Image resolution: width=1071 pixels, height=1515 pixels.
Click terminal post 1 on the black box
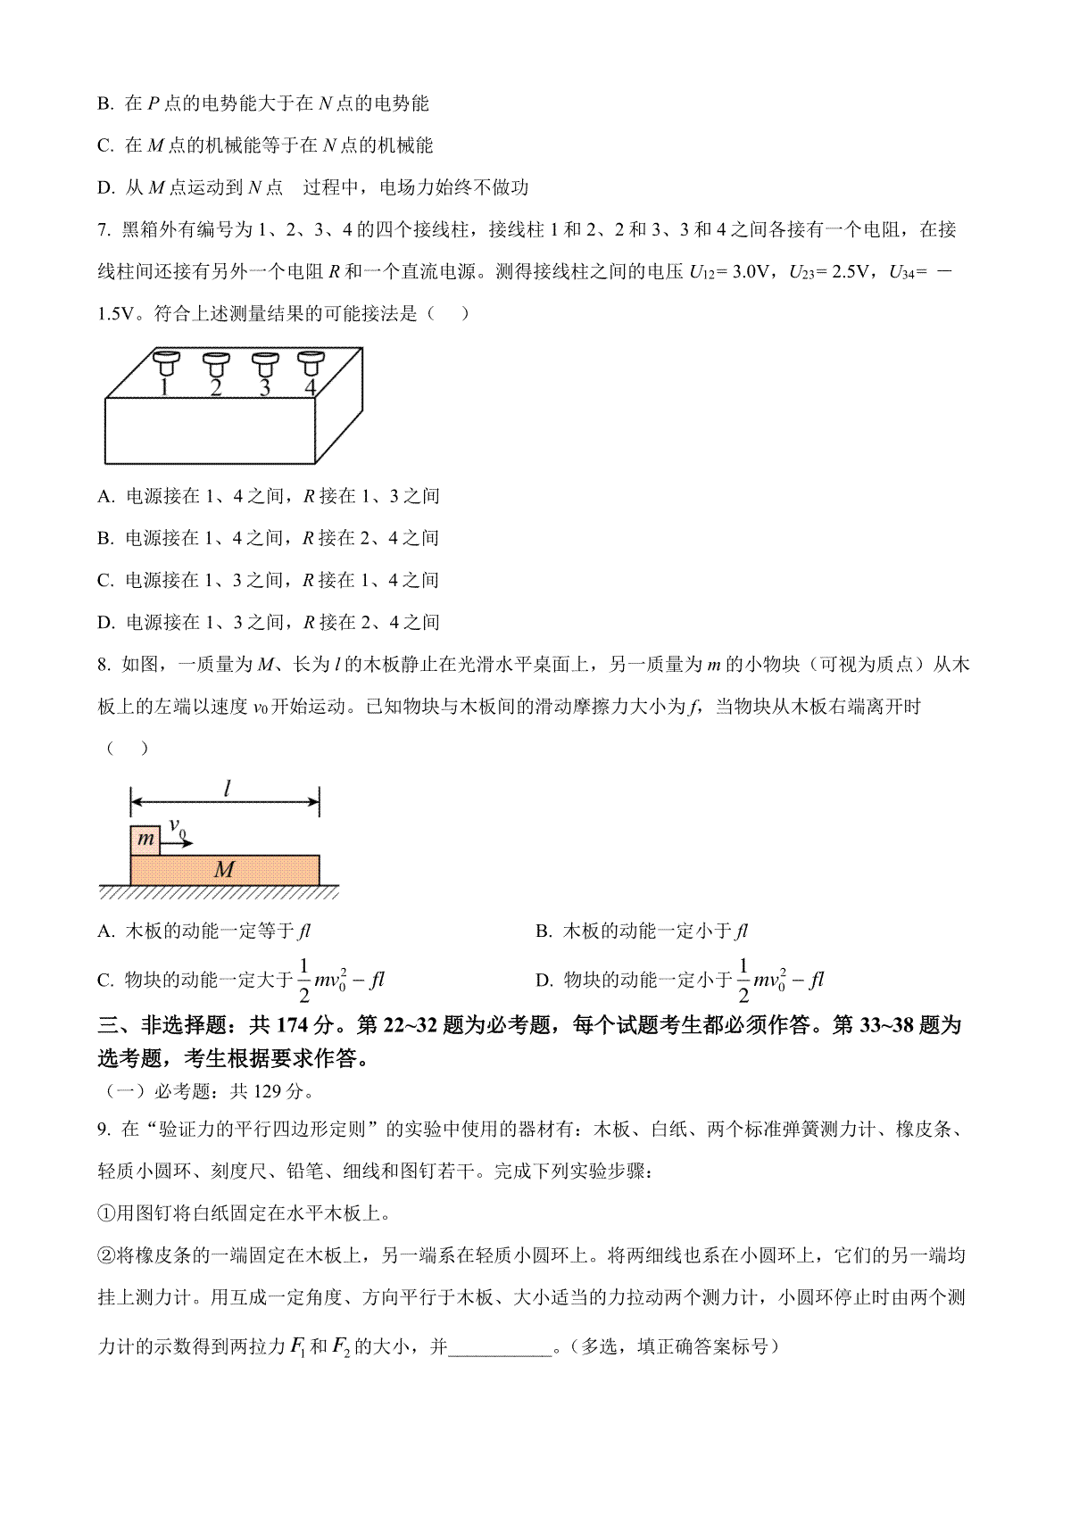[x=166, y=364]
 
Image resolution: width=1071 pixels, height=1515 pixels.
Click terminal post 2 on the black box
[x=216, y=364]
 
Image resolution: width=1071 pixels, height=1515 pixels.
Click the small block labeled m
[x=145, y=840]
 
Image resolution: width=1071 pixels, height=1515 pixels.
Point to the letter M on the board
[x=224, y=870]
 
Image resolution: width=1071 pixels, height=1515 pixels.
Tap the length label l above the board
[x=228, y=787]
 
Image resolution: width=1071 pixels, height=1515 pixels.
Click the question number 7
[x=103, y=230]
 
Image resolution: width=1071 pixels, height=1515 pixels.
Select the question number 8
[x=103, y=665]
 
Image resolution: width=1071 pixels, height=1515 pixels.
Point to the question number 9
[x=103, y=1130]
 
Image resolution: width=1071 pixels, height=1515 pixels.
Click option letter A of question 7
[x=105, y=496]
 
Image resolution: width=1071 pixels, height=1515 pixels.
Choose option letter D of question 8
[x=544, y=981]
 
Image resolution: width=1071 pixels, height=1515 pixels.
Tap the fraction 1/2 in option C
[x=303, y=980]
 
